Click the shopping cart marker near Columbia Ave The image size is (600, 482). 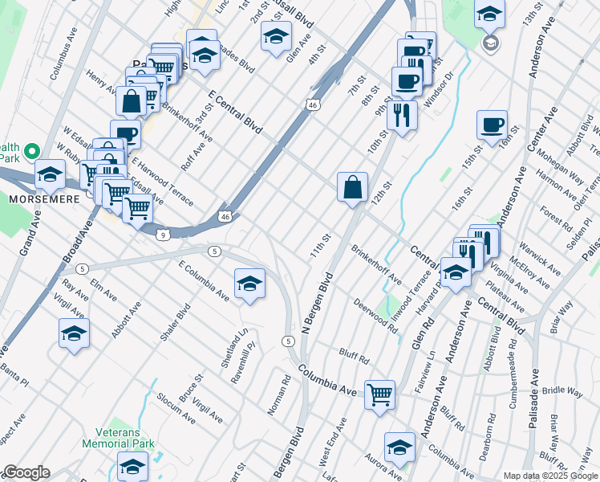coord(379,394)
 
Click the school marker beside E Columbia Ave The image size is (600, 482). coord(249,283)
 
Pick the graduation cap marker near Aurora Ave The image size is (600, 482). coord(399,447)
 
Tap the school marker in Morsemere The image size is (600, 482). coord(50,174)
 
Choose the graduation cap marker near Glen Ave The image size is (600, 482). coord(276,36)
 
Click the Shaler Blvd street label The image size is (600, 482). coord(174,321)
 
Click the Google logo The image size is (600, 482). coord(26,472)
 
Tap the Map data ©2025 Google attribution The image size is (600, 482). coord(549,476)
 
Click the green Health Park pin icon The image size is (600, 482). coord(31,151)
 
